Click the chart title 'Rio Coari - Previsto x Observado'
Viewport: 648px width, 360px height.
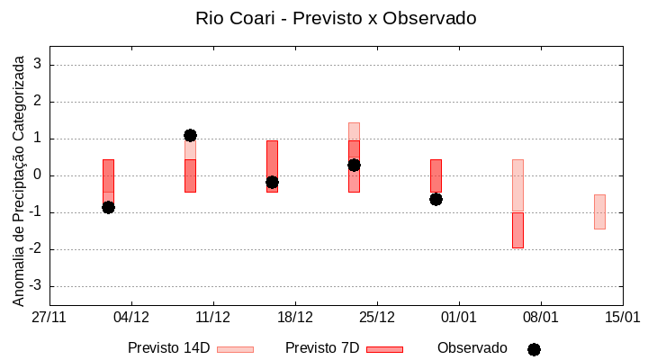pos(336,18)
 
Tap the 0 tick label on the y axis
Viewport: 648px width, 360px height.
pos(38,175)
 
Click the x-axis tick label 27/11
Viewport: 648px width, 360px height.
pos(49,317)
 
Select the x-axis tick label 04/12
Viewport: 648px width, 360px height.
pos(131,317)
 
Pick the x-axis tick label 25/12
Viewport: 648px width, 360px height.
pos(377,317)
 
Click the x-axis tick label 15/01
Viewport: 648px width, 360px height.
pos(622,317)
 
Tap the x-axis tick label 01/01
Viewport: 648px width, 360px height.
pos(459,317)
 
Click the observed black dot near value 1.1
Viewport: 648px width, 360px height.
pos(190,135)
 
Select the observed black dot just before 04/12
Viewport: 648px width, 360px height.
pos(108,207)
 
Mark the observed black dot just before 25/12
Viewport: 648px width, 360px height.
pos(354,165)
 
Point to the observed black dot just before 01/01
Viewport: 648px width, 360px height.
pos(436,199)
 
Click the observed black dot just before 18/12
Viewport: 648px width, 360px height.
pos(272,182)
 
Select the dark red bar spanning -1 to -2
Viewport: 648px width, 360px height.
pos(517,230)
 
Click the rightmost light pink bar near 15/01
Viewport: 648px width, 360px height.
pos(599,211)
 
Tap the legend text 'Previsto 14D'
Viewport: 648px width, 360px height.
pos(168,348)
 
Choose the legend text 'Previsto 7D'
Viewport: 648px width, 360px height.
pos(322,348)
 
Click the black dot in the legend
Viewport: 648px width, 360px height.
pos(534,349)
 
